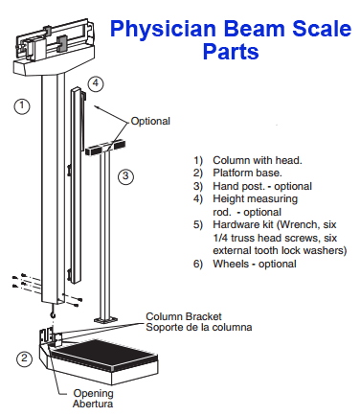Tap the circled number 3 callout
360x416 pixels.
pyautogui.click(x=125, y=176)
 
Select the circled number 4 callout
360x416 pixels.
pyautogui.click(x=95, y=83)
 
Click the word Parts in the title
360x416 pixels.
pyautogui.click(x=231, y=51)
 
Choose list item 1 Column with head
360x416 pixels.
pyautogui.click(x=248, y=158)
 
